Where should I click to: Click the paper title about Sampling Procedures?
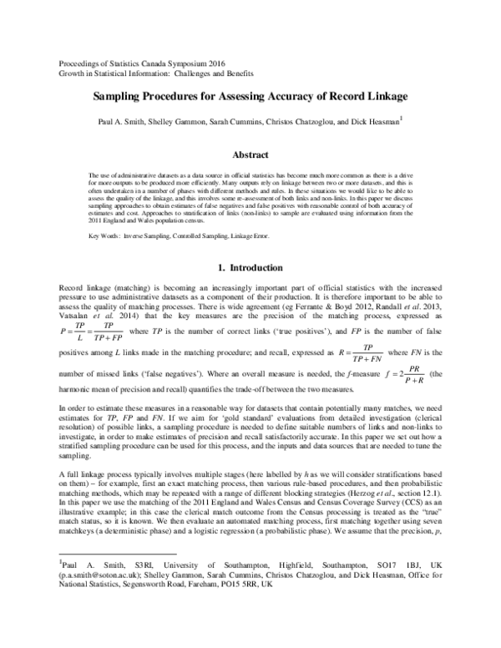[250, 96]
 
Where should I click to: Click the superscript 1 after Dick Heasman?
[402, 119]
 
